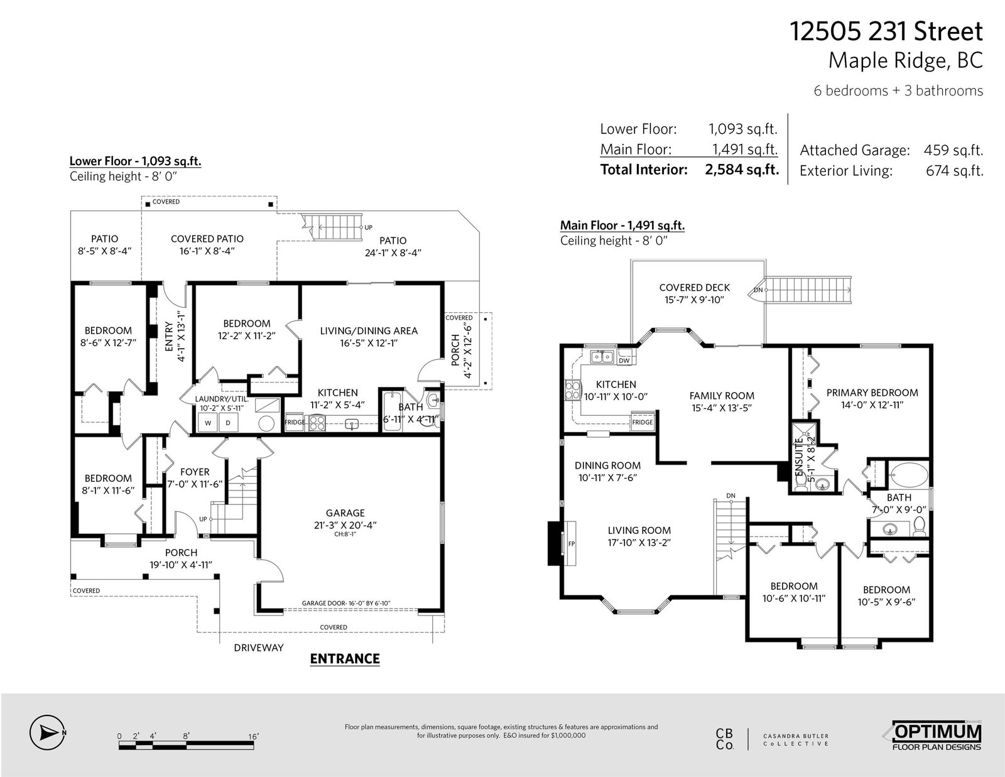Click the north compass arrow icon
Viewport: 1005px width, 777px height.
coord(46,732)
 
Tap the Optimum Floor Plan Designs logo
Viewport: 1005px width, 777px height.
coord(937,735)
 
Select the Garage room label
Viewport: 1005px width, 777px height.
coord(345,513)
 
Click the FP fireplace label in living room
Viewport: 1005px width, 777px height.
coord(571,544)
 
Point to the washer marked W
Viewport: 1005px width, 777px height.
coord(208,423)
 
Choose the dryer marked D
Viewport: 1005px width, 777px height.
coord(228,423)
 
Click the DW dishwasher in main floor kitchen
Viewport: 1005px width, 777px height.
coord(624,361)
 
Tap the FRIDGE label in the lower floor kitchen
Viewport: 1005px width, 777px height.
coord(295,422)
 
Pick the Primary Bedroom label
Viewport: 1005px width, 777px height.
coord(872,393)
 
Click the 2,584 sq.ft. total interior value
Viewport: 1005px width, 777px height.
coord(742,170)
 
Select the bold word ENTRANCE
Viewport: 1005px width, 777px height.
coord(345,659)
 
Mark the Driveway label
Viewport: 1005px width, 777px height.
coord(259,648)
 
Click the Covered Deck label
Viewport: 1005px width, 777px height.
coord(694,288)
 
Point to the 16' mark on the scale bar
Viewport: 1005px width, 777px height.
coord(253,736)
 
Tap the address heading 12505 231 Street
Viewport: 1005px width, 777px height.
coord(886,31)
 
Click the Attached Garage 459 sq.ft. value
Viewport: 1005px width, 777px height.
coord(953,150)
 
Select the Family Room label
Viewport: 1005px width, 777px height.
coord(722,396)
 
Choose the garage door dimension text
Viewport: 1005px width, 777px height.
coord(346,603)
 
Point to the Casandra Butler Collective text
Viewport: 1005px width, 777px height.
coord(795,739)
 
